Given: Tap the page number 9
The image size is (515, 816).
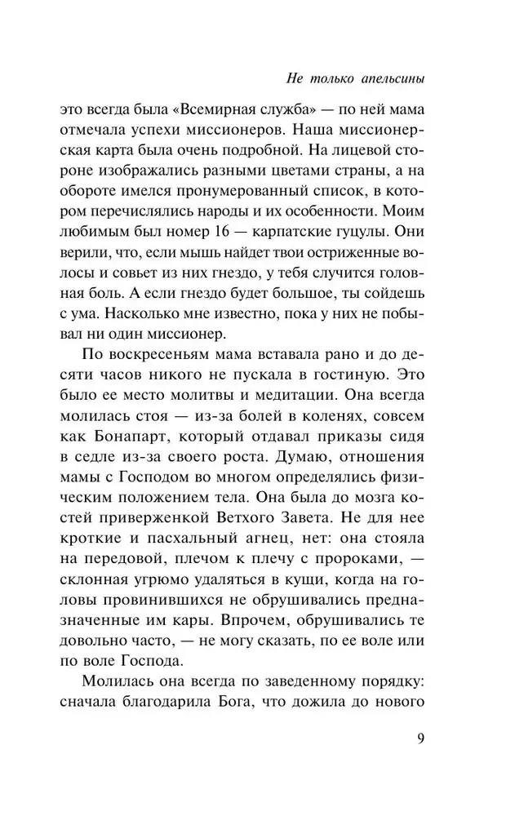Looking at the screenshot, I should point(420,739).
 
